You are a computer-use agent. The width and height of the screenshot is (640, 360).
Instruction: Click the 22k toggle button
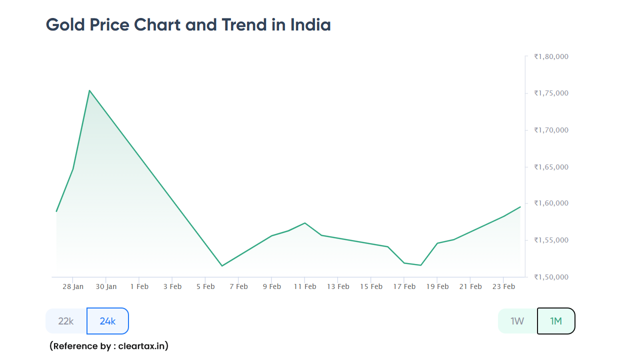click(x=66, y=321)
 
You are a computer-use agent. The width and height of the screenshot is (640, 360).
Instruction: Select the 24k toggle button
click(x=107, y=321)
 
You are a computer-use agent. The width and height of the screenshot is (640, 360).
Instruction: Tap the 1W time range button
click(x=517, y=321)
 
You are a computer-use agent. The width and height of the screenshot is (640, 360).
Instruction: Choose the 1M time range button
click(x=556, y=321)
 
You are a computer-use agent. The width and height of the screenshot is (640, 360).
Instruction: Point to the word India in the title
click(x=310, y=24)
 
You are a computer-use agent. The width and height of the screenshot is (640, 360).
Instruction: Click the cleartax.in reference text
click(x=143, y=346)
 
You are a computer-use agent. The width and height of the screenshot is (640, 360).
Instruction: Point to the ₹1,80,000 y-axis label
click(x=551, y=56)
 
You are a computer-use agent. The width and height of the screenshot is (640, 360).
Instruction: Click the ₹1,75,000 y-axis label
click(x=551, y=93)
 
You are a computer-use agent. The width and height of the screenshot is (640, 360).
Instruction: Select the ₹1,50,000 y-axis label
click(x=551, y=277)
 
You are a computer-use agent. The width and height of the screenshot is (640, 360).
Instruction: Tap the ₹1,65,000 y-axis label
click(x=551, y=166)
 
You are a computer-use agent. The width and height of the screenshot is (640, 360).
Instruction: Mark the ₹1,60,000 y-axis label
click(x=551, y=203)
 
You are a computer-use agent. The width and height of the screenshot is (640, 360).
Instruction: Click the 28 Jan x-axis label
click(x=73, y=286)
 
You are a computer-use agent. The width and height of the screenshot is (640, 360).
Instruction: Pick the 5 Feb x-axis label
click(x=205, y=286)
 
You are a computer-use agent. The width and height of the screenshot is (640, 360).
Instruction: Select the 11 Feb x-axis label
click(x=304, y=286)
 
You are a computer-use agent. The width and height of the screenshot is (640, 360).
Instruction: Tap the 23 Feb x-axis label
click(x=503, y=286)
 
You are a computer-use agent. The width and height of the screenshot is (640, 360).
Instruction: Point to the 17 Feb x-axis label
click(x=404, y=286)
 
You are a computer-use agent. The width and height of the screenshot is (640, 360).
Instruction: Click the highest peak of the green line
click(x=89, y=90)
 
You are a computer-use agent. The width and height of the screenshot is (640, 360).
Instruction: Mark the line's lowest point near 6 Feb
click(x=222, y=265)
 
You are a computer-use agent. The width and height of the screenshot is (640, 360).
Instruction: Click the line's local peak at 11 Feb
click(x=304, y=223)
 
